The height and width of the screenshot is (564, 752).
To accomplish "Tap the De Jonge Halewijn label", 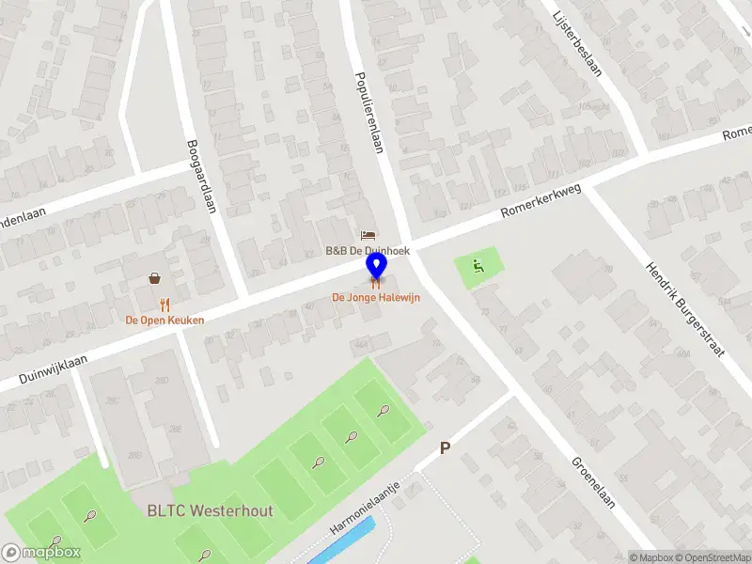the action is pyautogui.click(x=376, y=297).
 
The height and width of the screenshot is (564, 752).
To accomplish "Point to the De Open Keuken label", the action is pyautogui.click(x=165, y=320).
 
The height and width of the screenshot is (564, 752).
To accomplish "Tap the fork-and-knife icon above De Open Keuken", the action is pyautogui.click(x=165, y=304).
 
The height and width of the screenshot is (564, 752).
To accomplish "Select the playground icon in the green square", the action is pyautogui.click(x=478, y=266).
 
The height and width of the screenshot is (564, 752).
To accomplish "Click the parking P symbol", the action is pyautogui.click(x=446, y=449).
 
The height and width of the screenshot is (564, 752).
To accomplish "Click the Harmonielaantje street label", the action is pyautogui.click(x=366, y=511).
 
